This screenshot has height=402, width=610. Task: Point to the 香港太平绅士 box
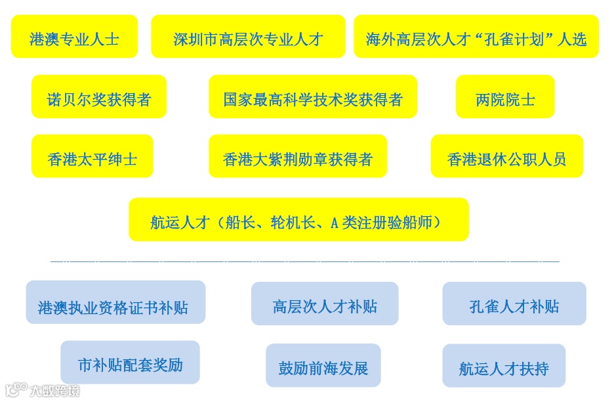click(x=92, y=157)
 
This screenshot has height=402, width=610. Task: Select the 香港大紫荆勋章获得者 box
click(x=298, y=157)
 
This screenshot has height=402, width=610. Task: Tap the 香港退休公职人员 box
click(x=506, y=157)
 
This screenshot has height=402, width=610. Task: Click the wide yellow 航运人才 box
click(x=298, y=220)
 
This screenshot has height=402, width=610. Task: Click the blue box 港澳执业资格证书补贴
click(x=115, y=303)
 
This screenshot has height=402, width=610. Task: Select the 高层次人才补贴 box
click(x=325, y=304)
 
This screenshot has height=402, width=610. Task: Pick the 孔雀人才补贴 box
click(x=514, y=304)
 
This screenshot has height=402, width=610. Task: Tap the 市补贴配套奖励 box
click(x=130, y=363)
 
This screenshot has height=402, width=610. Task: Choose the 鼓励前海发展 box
click(x=323, y=366)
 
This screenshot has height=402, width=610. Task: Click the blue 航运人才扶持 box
click(x=504, y=367)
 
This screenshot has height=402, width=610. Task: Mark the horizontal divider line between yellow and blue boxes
click(x=305, y=261)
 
